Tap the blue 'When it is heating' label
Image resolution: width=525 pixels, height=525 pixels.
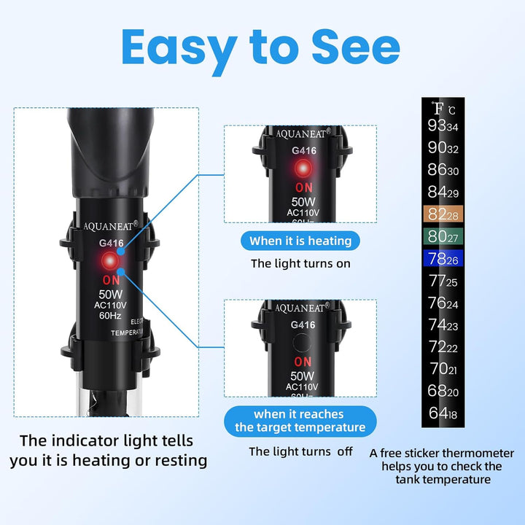(x=300, y=241)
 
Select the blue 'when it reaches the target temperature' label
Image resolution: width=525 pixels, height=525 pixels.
(x=300, y=421)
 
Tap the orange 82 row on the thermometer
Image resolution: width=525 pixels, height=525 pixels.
(x=445, y=214)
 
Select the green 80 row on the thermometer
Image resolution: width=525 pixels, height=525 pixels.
(x=445, y=236)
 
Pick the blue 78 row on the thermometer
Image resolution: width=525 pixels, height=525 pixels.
(x=445, y=259)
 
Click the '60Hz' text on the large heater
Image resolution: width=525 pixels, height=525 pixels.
(x=112, y=316)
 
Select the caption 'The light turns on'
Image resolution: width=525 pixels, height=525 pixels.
(x=300, y=263)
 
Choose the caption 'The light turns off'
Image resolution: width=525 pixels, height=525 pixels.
(x=300, y=451)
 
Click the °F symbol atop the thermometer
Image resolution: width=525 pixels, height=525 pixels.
(x=437, y=109)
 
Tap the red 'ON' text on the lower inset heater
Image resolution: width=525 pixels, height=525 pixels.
(x=302, y=362)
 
